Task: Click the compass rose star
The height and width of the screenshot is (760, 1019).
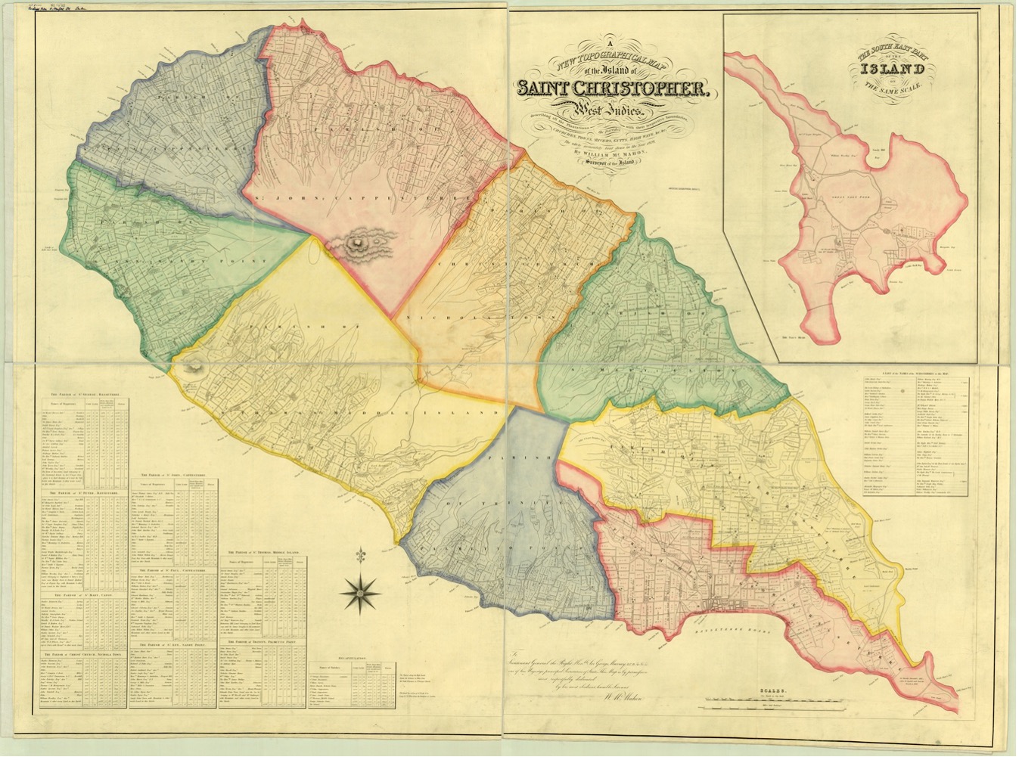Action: coord(362,591)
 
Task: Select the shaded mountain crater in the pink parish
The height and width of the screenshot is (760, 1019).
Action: coord(356,244)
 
